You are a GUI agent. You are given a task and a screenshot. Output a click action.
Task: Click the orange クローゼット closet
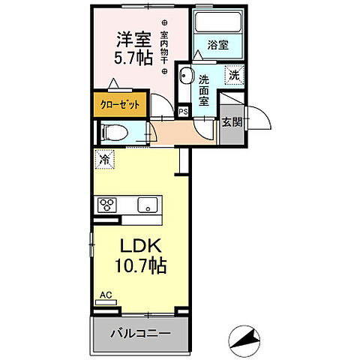tap(120, 105)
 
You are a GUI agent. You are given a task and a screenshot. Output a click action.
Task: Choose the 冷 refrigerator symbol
tap(103, 158)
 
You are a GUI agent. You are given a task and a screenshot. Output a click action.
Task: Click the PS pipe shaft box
tap(183, 112)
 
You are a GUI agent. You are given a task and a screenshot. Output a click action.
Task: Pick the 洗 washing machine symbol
tap(233, 75)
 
